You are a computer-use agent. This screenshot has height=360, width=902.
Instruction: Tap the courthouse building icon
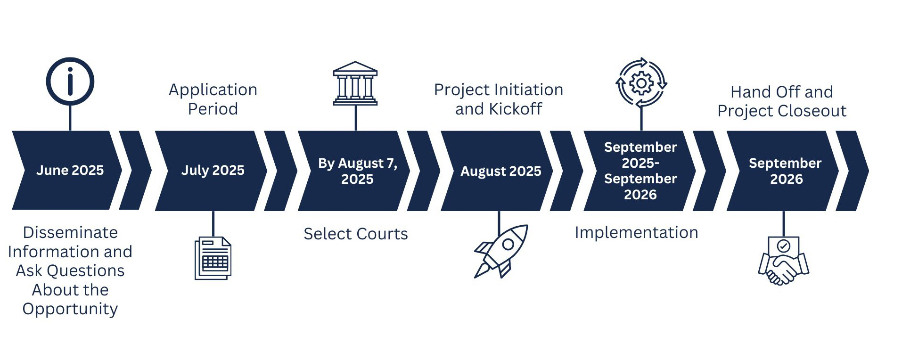point(355,83)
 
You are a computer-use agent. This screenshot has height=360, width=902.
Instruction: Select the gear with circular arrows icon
point(641,83)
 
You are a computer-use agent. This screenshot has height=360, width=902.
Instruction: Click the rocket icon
point(500,251)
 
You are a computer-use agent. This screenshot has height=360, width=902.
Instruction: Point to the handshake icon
point(783,261)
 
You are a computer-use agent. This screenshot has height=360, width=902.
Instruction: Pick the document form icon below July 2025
point(213,258)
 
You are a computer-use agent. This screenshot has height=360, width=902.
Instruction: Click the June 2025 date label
point(70,170)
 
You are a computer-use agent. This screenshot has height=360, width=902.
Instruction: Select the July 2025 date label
point(213,170)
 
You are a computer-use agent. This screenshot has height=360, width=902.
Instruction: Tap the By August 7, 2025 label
point(357,171)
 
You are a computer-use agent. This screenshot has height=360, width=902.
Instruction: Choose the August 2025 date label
point(500,171)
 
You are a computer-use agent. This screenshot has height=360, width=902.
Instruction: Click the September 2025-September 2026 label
point(640,171)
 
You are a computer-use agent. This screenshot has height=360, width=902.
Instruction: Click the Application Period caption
point(213,99)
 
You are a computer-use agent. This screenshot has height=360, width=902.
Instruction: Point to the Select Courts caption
point(356,234)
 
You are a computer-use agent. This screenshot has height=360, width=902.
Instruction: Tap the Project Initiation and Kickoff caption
point(499,99)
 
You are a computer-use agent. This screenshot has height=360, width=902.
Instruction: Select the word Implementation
point(636,232)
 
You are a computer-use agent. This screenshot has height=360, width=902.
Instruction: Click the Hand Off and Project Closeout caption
point(782,101)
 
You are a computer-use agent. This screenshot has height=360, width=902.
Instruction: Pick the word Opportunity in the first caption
point(70,309)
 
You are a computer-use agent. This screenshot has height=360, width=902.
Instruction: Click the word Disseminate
point(70,232)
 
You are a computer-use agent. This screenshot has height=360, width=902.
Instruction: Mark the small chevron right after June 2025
point(135,170)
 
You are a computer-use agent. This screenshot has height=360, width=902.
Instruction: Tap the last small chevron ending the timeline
point(853,171)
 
